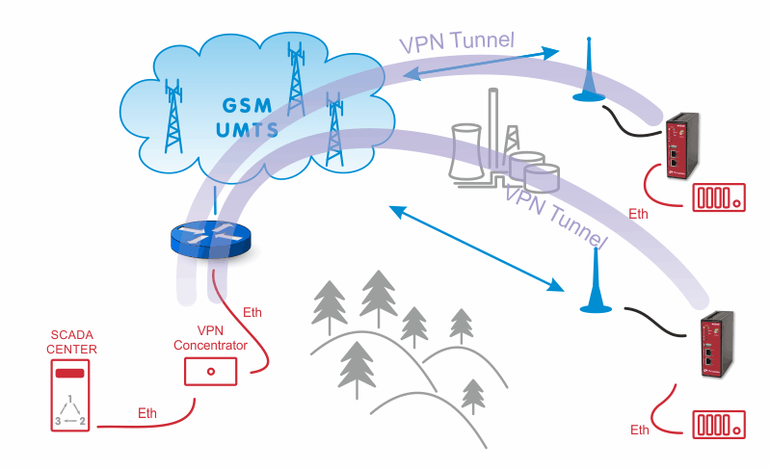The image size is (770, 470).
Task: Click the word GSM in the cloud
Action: click(247, 106)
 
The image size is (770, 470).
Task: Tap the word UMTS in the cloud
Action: click(247, 129)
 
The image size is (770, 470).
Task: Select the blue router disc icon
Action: click(211, 239)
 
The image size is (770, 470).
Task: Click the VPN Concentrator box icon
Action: click(211, 372)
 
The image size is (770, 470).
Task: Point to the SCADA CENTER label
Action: click(71, 342)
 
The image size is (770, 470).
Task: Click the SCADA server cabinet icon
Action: click(70, 396)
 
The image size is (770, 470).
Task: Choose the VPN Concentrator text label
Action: click(210, 338)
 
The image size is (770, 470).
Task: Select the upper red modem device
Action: click(682, 145)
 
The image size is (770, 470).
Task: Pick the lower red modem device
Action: click(716, 344)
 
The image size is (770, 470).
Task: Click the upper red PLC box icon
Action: click(719, 197)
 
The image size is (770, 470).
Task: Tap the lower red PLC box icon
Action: click(719, 425)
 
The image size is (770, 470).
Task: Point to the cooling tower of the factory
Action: click(465, 151)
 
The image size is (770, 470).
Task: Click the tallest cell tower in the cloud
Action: click(296, 79)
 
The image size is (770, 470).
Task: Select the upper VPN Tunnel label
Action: click(457, 41)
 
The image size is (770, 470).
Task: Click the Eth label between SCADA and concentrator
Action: click(147, 413)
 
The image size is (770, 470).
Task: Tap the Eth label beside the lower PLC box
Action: click(640, 430)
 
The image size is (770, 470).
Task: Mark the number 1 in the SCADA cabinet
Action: click(70, 399)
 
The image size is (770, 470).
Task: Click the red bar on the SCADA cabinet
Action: click(70, 374)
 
